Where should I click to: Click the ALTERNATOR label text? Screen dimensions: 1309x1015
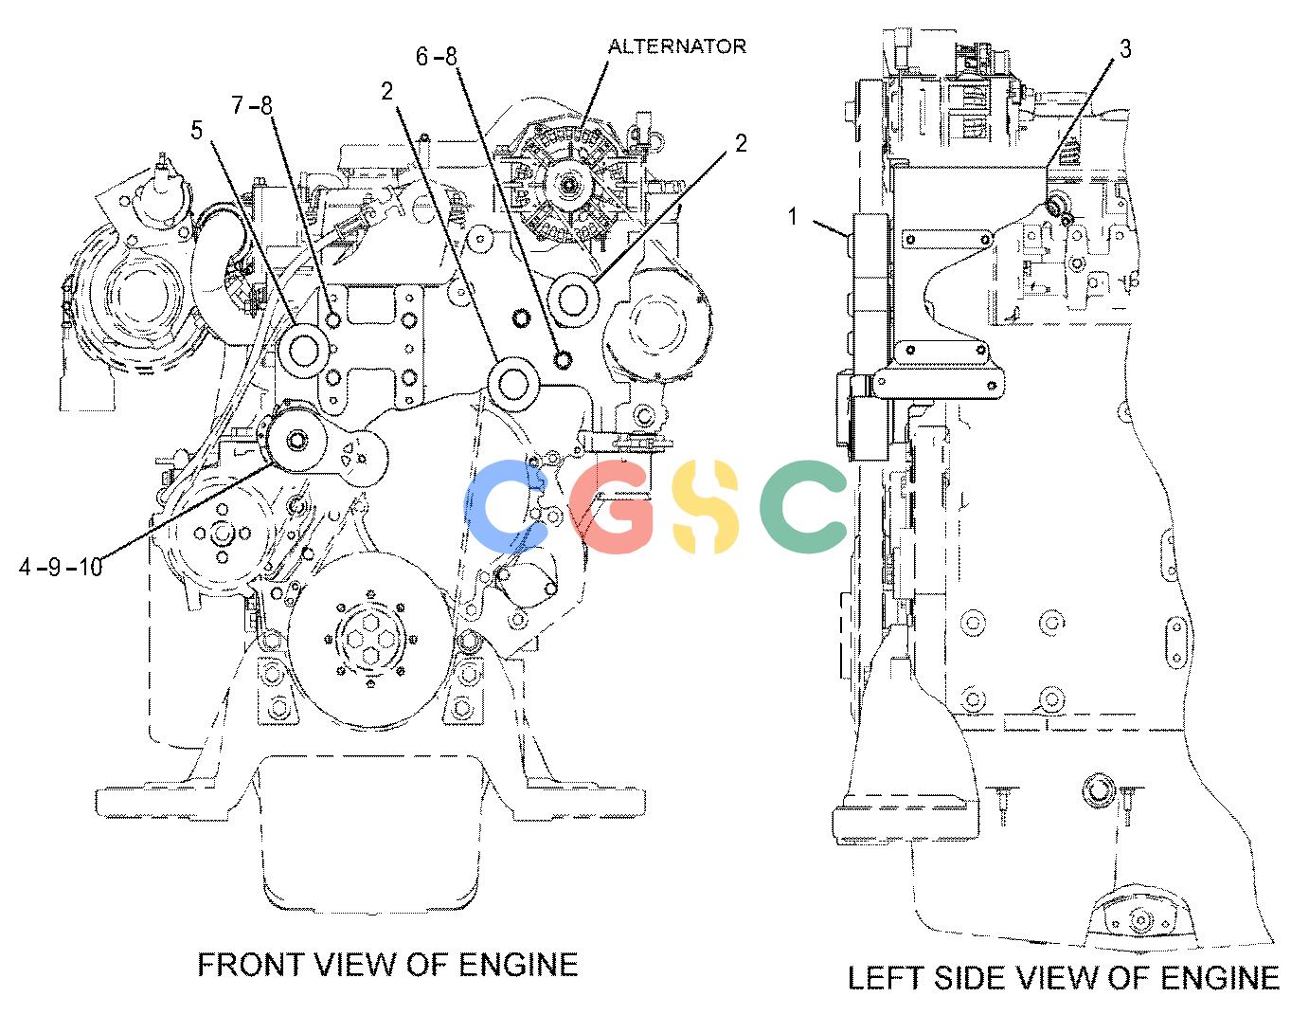[677, 46]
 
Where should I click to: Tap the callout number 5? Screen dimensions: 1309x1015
[197, 130]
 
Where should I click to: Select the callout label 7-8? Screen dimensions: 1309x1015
[252, 106]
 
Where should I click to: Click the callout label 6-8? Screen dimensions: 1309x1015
[437, 57]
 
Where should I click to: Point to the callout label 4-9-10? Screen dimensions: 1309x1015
[61, 567]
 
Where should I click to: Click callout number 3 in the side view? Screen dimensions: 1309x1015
[1124, 48]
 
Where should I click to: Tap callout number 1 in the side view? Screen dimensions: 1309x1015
[794, 216]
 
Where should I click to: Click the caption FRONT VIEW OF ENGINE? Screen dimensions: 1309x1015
[388, 965]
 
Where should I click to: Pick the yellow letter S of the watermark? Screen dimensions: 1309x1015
[706, 506]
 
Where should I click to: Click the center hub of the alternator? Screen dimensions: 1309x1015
[568, 183]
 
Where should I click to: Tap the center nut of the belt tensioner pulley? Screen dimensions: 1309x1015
[296, 440]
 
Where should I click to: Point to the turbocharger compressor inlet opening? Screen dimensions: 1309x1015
[143, 293]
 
